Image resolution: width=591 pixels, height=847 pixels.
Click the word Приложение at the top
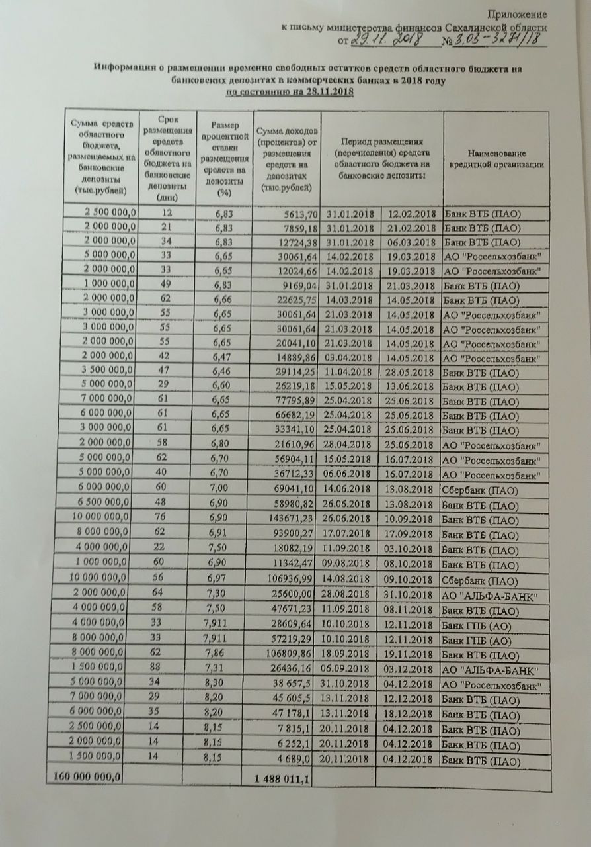pos(517,14)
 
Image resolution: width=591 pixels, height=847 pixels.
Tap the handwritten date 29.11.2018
pos(383,40)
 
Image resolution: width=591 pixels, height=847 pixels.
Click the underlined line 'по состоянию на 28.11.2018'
pos(290,92)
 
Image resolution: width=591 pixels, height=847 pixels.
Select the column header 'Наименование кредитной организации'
pos(497,159)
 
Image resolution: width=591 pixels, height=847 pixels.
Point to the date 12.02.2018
pos(411,214)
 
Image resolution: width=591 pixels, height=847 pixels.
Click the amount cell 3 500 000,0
pos(104,371)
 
